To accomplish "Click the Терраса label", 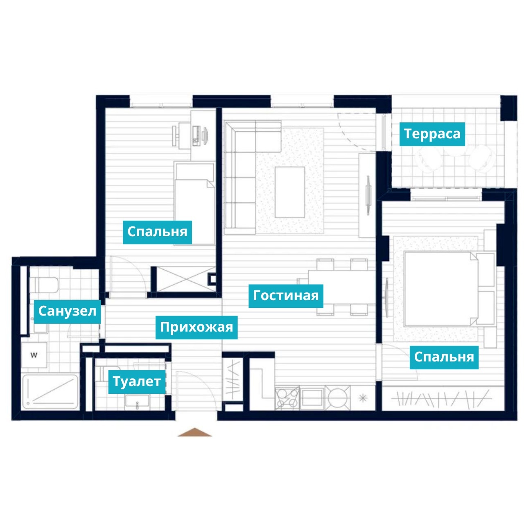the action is click(432, 134).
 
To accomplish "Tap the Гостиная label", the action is click(286, 296).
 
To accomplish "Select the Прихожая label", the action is click(196, 327).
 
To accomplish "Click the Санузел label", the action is click(67, 312).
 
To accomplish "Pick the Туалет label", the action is click(137, 382).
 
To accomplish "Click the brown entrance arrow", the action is click(194, 432).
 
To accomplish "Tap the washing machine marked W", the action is click(34, 355).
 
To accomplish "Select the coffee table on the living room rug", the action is click(289, 192).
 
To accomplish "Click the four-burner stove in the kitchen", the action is click(287, 398).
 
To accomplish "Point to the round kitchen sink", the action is click(338, 398).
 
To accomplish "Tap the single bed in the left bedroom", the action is click(194, 204).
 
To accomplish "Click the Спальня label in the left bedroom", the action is click(157, 232).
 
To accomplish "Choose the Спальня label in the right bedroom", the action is click(444, 357).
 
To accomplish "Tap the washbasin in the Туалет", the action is click(137, 402).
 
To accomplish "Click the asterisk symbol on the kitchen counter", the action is click(362, 398).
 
